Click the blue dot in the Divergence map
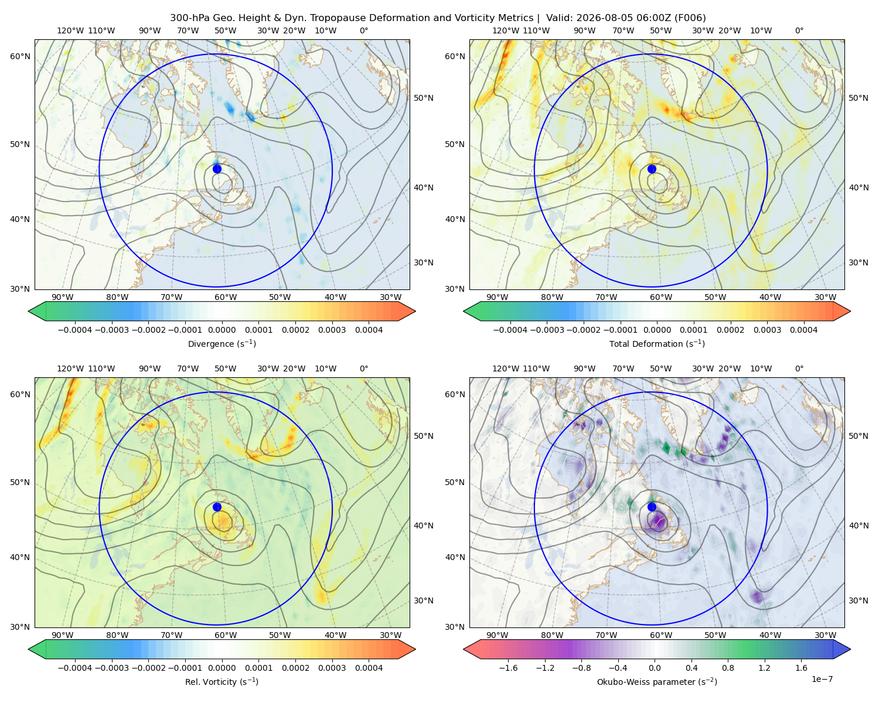217,169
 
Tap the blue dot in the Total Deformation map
652,169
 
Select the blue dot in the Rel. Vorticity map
217,507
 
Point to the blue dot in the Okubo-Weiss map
652,507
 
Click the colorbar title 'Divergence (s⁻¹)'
222,343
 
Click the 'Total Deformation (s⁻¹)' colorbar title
657,343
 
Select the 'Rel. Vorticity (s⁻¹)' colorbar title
222,681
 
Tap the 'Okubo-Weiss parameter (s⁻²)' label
657,681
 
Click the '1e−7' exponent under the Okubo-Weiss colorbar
822,679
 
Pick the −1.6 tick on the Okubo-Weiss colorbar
508,668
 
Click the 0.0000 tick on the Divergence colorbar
222,330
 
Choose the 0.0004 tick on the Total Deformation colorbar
803,330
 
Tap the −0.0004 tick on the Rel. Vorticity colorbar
75,668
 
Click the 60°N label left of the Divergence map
20,56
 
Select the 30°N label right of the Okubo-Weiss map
858,600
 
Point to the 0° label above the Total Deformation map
799,30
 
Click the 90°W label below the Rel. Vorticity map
63,635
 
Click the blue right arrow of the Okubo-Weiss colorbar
841,649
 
